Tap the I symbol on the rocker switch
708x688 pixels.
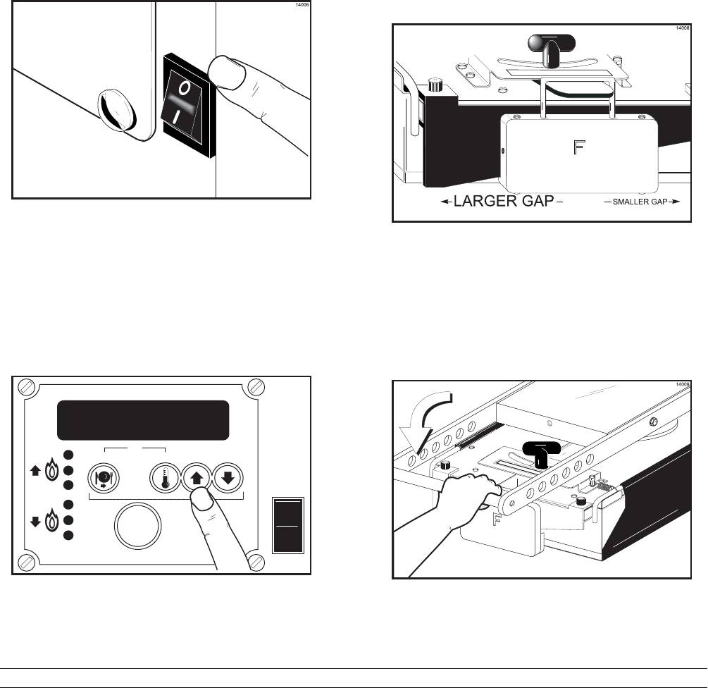(185, 116)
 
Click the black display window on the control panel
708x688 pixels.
(143, 420)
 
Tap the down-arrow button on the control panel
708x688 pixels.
(230, 477)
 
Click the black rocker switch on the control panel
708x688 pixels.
(287, 525)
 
